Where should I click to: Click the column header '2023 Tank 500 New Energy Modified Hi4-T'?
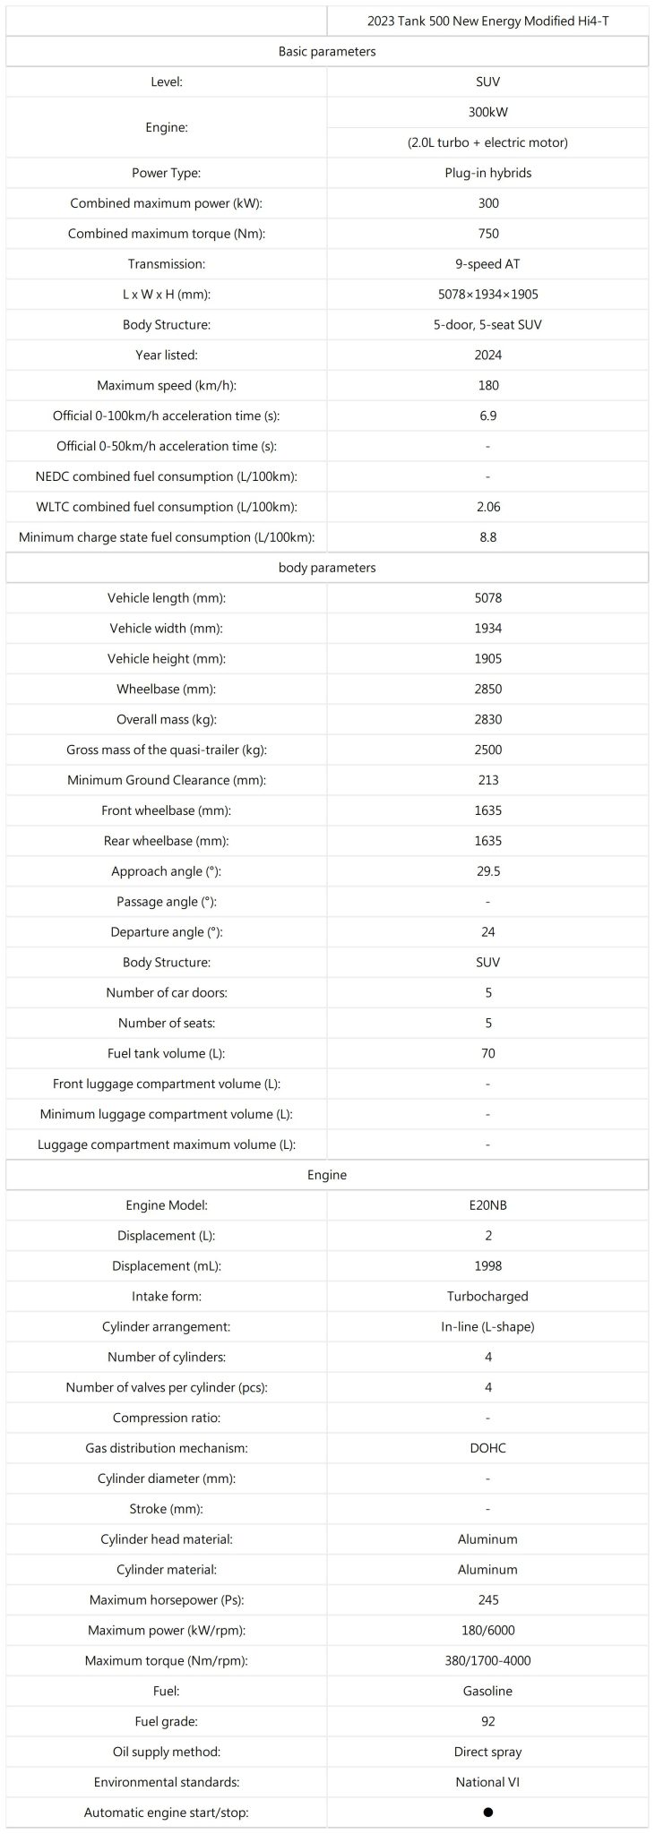[487, 21]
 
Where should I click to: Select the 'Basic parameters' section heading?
[327, 51]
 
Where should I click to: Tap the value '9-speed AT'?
[487, 264]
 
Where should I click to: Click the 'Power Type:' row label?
[166, 173]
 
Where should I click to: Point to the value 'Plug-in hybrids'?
[487, 173]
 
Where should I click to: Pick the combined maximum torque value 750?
[487, 234]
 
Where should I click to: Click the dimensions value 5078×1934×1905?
[487, 295]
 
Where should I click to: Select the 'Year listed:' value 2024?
[487, 356]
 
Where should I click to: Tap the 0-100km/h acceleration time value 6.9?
[487, 416]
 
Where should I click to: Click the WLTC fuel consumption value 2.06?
[487, 507]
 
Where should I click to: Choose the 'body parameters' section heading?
[327, 568]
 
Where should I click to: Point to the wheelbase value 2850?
[487, 690]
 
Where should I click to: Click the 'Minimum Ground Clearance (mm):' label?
[166, 780]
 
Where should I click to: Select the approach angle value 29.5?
[487, 871]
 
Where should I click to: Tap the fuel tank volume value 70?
[487, 1053]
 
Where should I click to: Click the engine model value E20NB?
[487, 1205]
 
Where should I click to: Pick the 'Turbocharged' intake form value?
[487, 1297]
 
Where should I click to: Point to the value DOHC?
[487, 1448]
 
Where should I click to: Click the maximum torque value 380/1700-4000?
[487, 1660]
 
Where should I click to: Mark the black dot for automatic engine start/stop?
[487, 1813]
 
